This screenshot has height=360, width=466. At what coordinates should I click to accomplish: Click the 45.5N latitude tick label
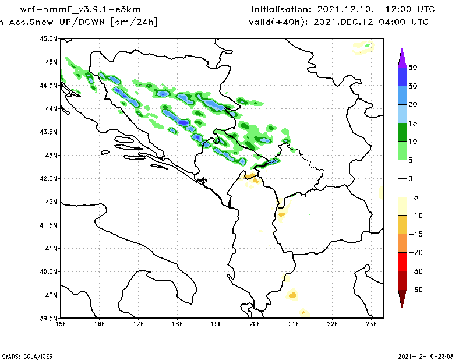point(48,39)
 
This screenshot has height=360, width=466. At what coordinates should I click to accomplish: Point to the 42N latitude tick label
point(51,202)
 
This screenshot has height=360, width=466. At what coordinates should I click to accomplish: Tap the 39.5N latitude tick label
point(48,319)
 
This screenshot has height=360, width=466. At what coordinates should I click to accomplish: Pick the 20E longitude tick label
point(255,324)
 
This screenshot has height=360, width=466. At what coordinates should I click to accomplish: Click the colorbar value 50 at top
point(413,68)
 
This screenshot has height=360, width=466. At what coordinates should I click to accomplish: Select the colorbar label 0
point(411,178)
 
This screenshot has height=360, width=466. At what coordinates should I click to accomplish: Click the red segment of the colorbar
point(401,262)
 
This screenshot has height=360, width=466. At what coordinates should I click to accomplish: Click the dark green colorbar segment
point(401,132)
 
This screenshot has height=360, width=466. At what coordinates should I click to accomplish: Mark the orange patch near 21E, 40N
point(292,295)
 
